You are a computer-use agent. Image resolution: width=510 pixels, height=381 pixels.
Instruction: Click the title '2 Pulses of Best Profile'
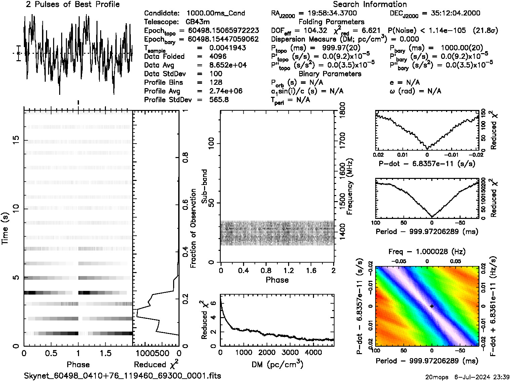(73, 4)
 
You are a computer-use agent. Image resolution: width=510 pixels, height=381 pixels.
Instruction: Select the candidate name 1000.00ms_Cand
(215, 13)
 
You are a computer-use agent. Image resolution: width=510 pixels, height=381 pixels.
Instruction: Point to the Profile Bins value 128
(215, 82)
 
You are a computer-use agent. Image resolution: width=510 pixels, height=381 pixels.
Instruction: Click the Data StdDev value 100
(215, 74)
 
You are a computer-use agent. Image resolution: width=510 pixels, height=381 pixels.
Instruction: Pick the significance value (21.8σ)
(485, 31)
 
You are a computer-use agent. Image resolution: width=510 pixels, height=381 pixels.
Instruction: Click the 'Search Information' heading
(369, 4)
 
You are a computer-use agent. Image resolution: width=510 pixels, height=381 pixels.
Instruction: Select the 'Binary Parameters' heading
(330, 74)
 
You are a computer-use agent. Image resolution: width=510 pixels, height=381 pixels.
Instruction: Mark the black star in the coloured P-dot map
(432, 306)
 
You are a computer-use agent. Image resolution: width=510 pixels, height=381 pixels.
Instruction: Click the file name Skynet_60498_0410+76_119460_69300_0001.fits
(122, 376)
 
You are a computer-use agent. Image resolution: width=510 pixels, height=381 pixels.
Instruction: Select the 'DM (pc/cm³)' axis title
(277, 364)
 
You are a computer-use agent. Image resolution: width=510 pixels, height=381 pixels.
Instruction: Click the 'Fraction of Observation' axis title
(193, 228)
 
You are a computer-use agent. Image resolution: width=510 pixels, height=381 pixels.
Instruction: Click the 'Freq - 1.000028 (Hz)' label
(427, 252)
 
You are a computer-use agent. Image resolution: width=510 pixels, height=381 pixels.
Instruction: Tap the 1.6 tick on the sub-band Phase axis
(311, 270)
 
